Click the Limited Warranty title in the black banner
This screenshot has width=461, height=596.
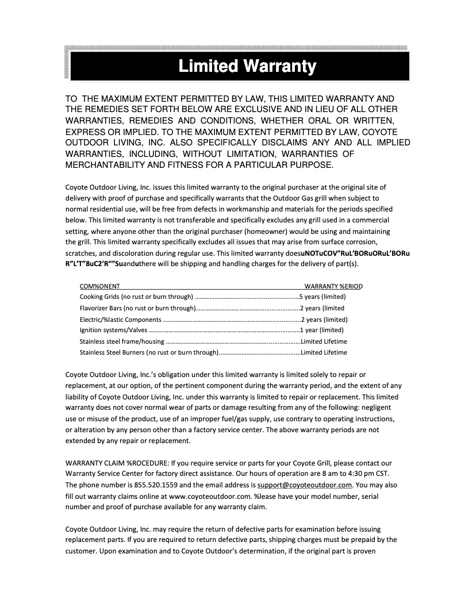tap(247, 66)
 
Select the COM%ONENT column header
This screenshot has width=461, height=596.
tap(99, 286)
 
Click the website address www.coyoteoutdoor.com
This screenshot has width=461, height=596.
tap(210, 495)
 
